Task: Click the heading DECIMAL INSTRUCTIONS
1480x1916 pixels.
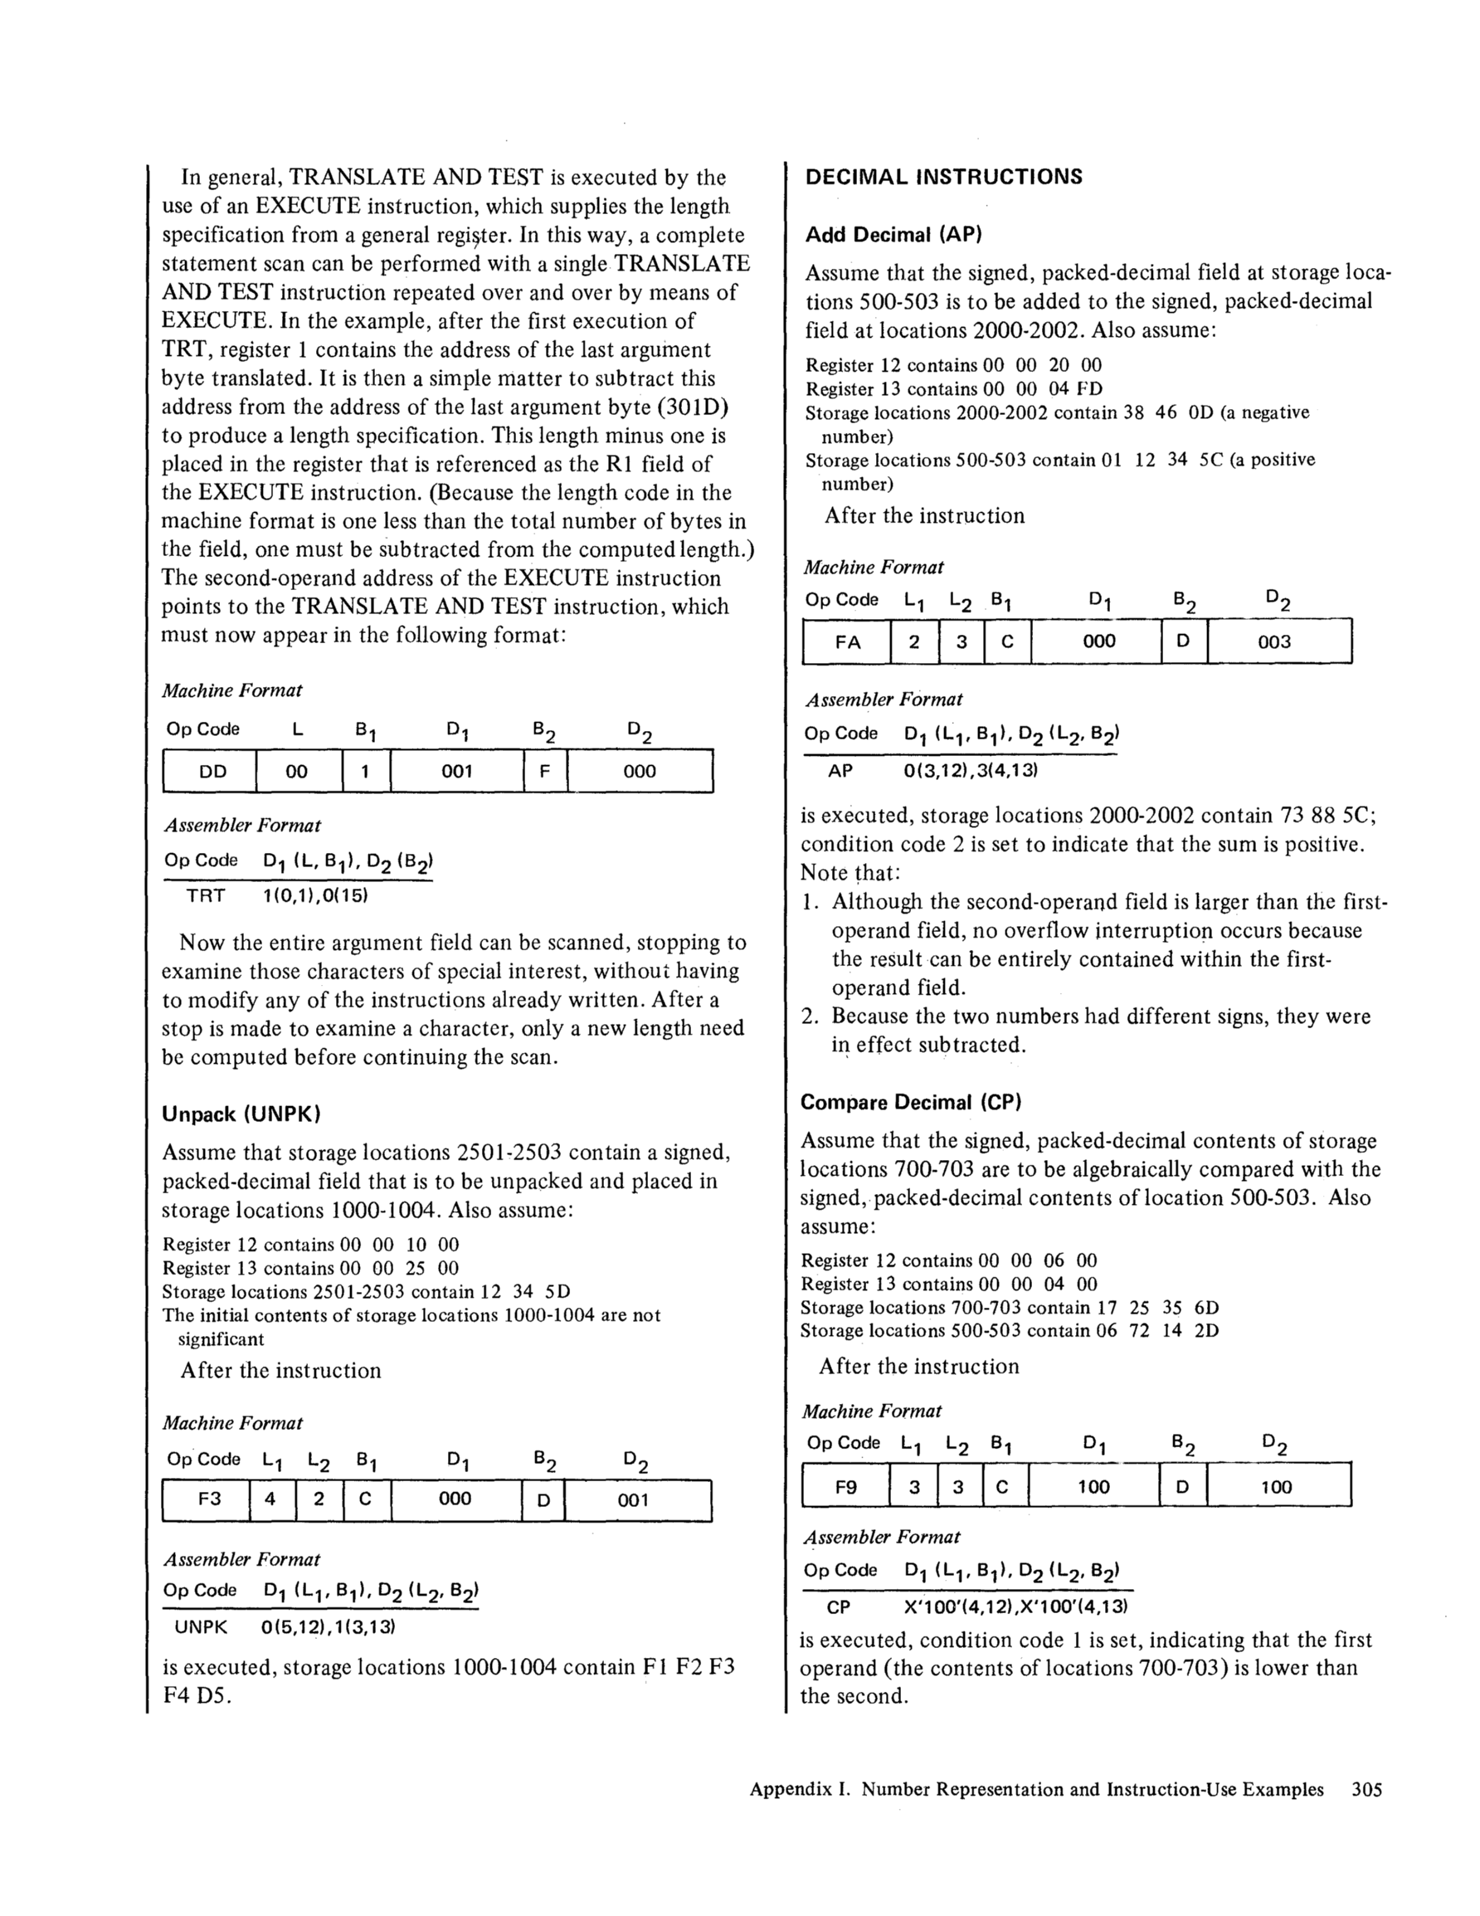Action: (x=943, y=177)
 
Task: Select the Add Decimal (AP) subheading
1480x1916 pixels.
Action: (x=893, y=234)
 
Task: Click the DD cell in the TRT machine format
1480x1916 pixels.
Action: (x=212, y=771)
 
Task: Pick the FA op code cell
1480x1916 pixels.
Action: (x=848, y=641)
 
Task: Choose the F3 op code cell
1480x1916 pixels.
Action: (x=209, y=1499)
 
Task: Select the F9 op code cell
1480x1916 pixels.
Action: (x=845, y=1487)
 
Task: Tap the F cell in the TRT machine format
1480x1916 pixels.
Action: (x=545, y=771)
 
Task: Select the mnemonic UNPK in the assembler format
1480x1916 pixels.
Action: (x=201, y=1627)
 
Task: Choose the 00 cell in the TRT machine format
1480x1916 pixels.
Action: (x=296, y=771)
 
